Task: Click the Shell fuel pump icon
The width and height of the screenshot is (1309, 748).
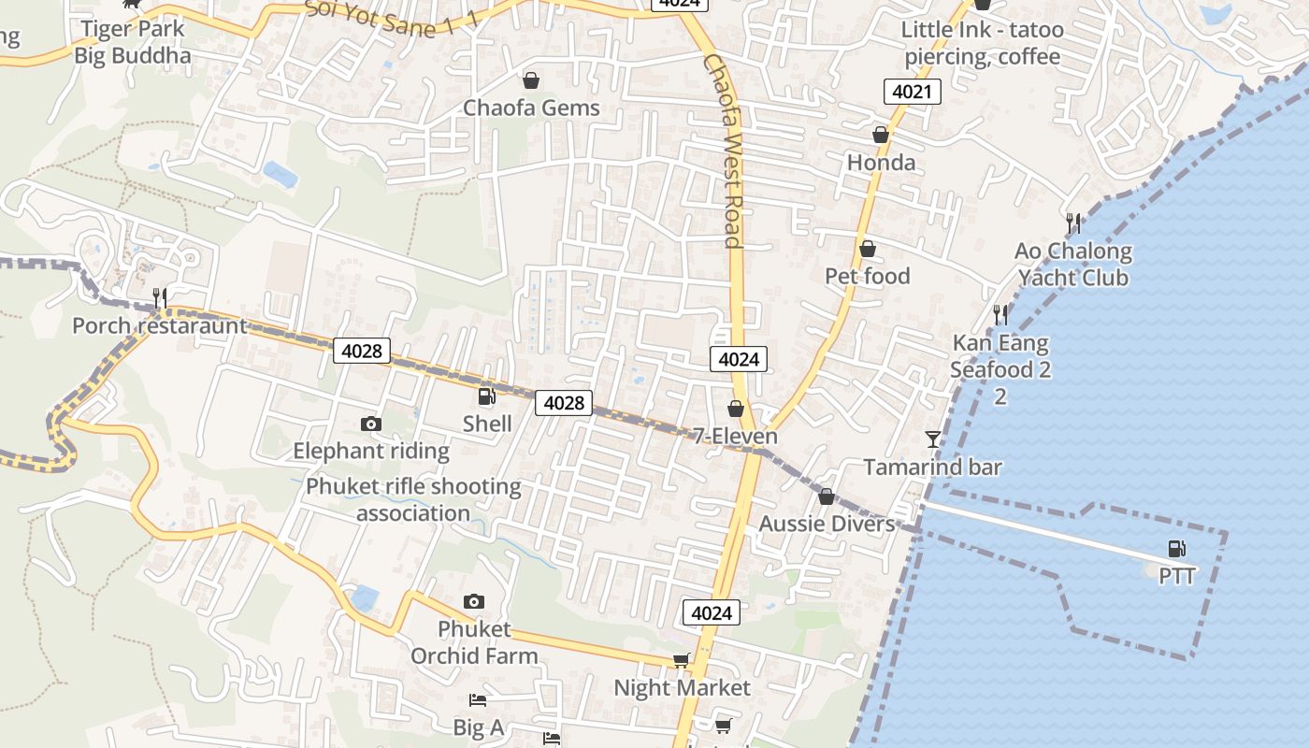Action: point(486,396)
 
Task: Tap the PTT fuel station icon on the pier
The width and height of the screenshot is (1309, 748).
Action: point(1176,549)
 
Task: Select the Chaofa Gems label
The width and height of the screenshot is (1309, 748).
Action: point(531,108)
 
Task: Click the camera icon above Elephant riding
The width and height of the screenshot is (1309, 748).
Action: point(371,424)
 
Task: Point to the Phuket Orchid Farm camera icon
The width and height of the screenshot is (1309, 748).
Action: point(474,601)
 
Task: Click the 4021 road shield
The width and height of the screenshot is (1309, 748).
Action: point(912,92)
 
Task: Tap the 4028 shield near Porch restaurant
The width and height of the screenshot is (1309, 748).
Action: point(362,351)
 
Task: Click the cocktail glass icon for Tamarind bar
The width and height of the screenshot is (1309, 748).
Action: point(932,439)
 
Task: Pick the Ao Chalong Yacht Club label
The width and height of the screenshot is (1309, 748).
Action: point(1073,265)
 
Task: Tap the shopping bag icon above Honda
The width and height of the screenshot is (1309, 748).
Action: point(881,136)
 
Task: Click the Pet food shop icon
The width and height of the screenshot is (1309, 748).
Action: point(868,249)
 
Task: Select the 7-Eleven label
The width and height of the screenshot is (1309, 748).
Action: point(735,437)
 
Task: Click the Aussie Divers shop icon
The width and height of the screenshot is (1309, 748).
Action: point(826,496)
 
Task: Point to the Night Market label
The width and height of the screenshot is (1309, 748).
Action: point(682,688)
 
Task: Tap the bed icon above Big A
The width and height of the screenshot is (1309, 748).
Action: point(478,700)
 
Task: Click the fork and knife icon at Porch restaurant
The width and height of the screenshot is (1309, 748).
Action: point(160,298)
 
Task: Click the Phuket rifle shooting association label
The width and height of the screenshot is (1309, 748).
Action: point(413,499)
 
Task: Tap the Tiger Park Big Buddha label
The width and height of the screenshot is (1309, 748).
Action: point(133,42)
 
